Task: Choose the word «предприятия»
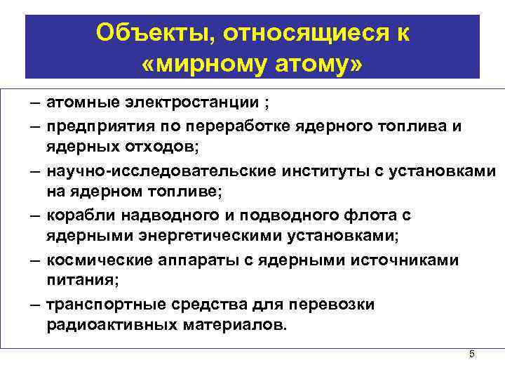[96, 126]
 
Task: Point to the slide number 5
[472, 354]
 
